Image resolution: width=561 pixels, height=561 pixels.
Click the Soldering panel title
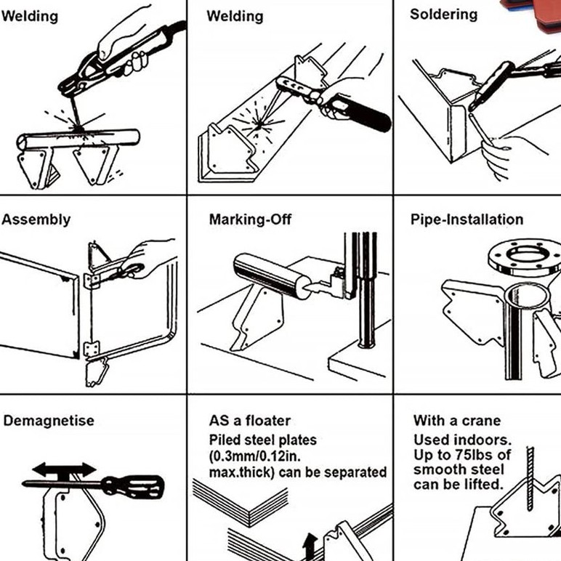(443, 15)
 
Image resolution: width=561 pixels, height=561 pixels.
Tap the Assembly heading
(36, 219)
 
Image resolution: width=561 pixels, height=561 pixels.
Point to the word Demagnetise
(49, 421)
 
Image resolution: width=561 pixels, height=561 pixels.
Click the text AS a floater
(249, 421)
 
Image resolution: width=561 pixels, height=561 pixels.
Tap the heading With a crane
(457, 421)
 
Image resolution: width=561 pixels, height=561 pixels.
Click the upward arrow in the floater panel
(310, 544)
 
